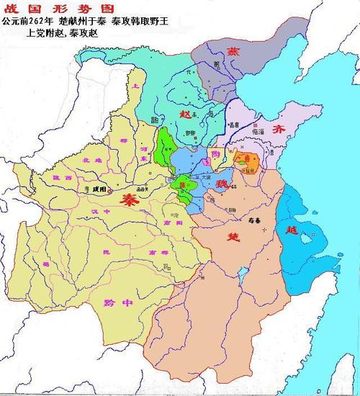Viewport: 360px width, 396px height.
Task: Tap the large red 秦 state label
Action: coord(131,198)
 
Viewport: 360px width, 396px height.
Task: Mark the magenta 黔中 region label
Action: coord(118,303)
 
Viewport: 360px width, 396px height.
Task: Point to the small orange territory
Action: coord(249,161)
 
